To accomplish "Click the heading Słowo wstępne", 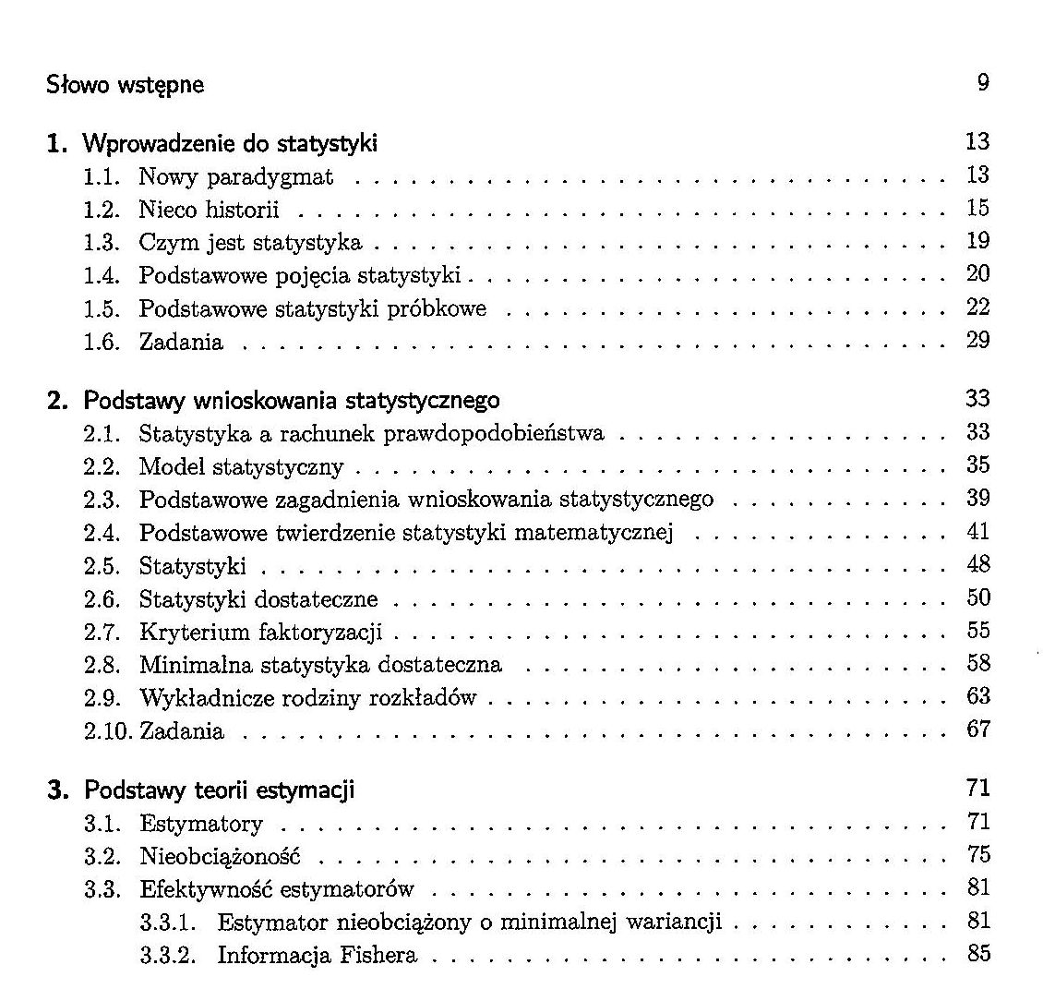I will (x=126, y=86).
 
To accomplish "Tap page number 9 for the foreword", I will (x=982, y=83).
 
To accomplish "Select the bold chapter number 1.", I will (x=58, y=143).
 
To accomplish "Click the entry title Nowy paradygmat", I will (x=236, y=176).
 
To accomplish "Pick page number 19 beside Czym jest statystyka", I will (x=977, y=241).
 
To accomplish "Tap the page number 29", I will (x=977, y=340).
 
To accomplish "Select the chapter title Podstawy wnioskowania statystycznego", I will (x=292, y=401).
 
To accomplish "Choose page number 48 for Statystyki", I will (x=977, y=564).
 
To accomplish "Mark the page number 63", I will (x=977, y=696).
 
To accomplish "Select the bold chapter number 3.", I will (x=58, y=790).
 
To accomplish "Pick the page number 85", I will (x=977, y=954).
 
